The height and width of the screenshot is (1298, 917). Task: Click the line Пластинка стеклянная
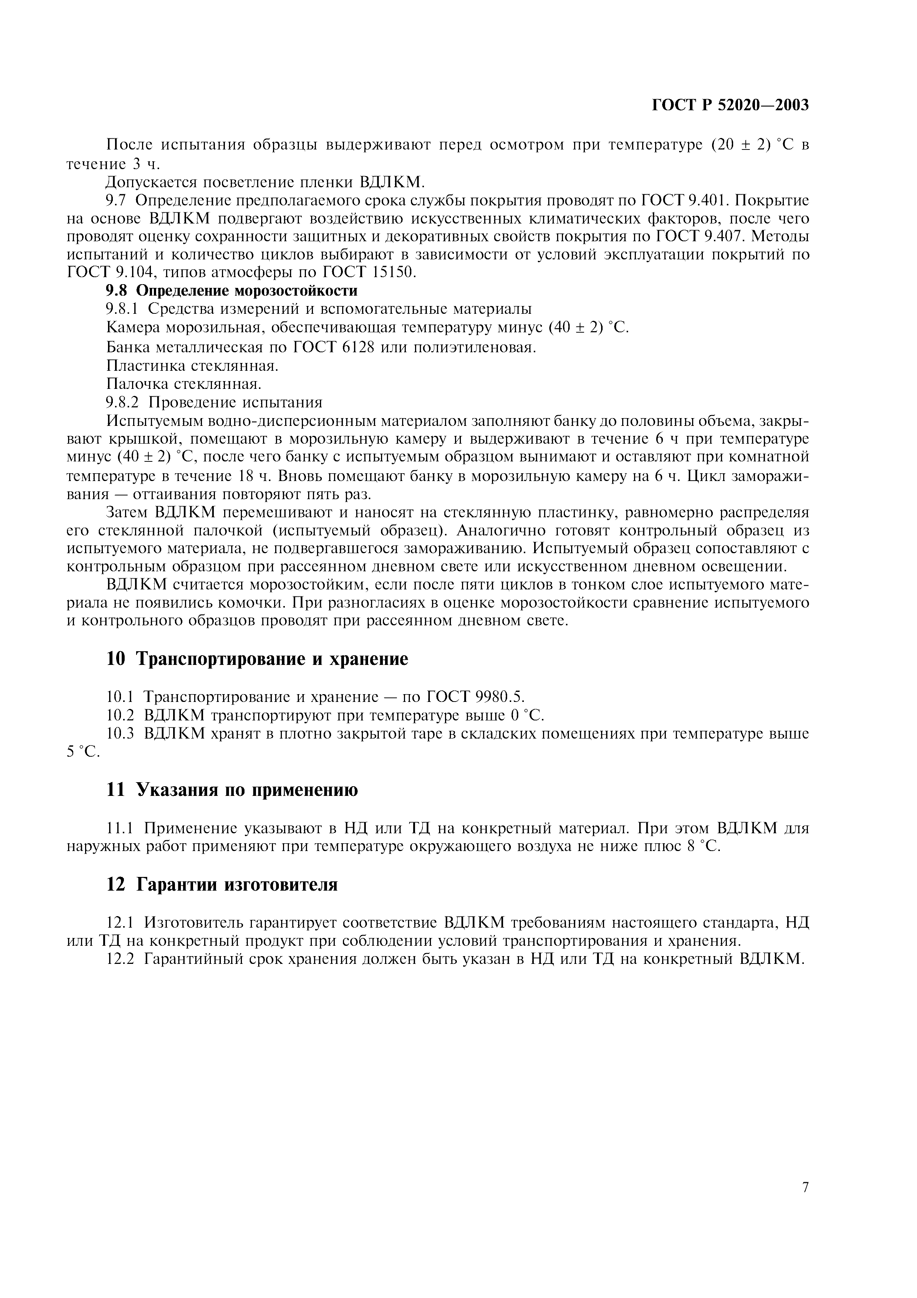point(192,365)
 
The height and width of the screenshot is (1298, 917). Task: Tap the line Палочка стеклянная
point(183,384)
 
